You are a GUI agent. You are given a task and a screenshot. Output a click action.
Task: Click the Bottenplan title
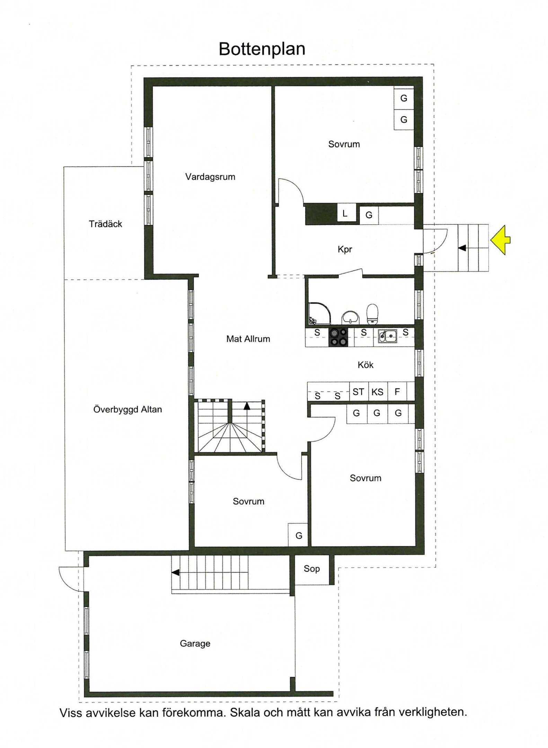point(262,49)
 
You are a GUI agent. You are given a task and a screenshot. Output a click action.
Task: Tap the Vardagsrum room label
point(210,177)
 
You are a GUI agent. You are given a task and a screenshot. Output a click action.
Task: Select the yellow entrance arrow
point(500,240)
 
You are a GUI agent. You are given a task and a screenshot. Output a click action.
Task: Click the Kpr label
point(345,249)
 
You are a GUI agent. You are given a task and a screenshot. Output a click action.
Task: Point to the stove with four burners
point(338,337)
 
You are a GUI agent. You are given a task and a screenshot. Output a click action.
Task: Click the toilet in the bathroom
point(372,313)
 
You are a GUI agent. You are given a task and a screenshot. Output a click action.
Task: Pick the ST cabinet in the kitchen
point(359,391)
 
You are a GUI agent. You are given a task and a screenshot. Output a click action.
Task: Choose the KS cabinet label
point(377,392)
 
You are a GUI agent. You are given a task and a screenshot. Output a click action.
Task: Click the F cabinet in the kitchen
point(397,391)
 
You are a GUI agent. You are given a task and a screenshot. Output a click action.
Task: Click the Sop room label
point(311,569)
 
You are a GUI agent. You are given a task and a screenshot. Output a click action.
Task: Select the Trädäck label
point(105,224)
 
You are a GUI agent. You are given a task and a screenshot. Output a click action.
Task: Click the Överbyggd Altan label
point(127,409)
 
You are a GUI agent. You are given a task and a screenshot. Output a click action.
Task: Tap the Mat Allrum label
point(248,339)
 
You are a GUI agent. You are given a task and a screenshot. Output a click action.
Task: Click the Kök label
point(365,364)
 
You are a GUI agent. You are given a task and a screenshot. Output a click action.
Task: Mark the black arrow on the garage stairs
point(176,572)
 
